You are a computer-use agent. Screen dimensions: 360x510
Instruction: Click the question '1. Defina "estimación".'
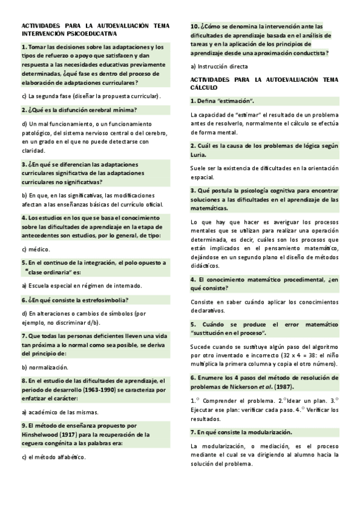click(222, 100)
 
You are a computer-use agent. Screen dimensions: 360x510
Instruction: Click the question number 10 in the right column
click(195, 26)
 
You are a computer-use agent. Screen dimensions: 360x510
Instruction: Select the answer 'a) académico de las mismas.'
click(60, 412)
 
